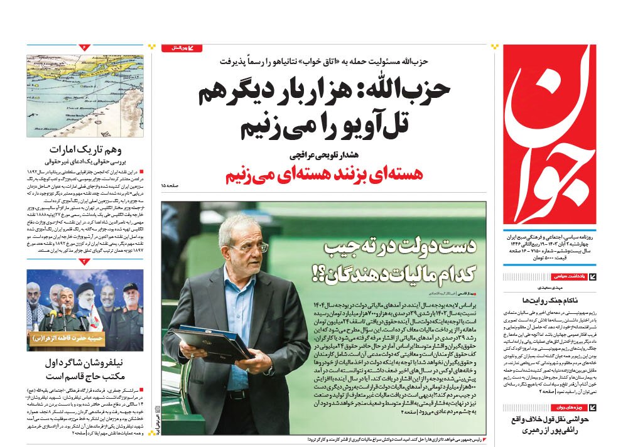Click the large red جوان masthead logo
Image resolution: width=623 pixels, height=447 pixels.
550,135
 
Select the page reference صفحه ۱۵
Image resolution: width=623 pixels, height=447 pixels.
171,186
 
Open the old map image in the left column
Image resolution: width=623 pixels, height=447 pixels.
85,96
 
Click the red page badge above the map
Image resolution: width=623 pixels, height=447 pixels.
85,47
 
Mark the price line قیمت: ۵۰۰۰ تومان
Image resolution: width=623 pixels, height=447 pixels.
568,257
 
